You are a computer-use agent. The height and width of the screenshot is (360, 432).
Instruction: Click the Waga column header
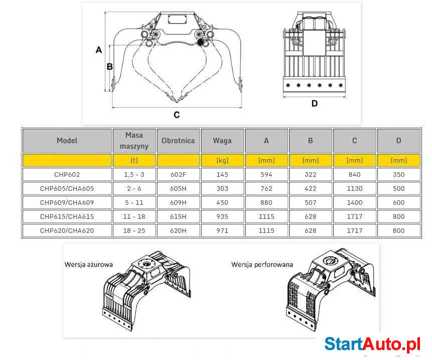pos(223,141)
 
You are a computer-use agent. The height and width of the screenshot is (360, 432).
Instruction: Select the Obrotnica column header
pos(178,141)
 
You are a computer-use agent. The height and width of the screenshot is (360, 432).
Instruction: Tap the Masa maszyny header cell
pos(134,141)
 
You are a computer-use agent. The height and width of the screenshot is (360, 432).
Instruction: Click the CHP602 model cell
pos(67,175)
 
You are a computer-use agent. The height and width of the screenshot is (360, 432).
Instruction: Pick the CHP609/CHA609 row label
pos(67,203)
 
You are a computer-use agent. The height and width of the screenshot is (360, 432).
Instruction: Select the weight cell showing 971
pos(223,231)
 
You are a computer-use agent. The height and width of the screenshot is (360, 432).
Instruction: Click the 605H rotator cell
pos(178,189)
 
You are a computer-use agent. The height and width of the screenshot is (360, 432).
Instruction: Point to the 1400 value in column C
pos(355,203)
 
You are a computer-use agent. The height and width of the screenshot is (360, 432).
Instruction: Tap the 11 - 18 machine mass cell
pos(134,217)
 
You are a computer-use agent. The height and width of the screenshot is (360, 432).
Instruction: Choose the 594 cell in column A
pos(267,175)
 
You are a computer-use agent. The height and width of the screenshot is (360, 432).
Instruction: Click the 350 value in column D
pos(398,175)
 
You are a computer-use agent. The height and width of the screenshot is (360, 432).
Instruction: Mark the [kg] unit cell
pos(223,160)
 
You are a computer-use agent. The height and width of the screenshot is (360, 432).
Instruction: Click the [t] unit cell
pos(134,160)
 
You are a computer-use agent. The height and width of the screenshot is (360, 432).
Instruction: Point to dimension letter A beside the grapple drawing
pos(99,50)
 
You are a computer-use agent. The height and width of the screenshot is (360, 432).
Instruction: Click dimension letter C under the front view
pos(177,115)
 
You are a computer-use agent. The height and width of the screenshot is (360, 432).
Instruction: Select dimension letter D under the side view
pos(314,104)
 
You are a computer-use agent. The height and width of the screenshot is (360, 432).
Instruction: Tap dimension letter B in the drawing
pos(110,67)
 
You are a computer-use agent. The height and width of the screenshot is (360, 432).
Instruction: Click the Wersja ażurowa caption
pos(88,265)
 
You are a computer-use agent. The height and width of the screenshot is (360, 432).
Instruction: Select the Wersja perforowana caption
pos(262,265)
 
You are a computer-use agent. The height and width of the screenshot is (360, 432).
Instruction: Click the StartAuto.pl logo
pos(372,344)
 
